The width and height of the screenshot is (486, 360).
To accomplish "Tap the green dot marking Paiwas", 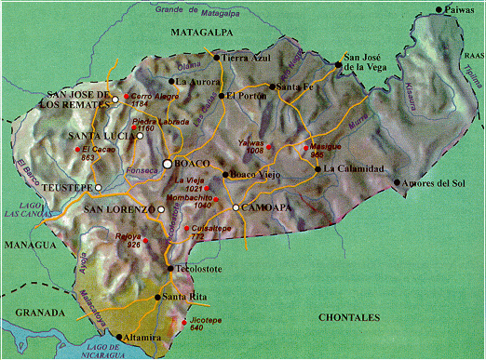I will point(439,10).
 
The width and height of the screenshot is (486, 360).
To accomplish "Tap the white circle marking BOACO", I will point(168,164).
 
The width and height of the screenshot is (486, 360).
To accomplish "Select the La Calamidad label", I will point(354,168).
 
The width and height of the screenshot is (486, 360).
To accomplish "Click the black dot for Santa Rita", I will point(156,298).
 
